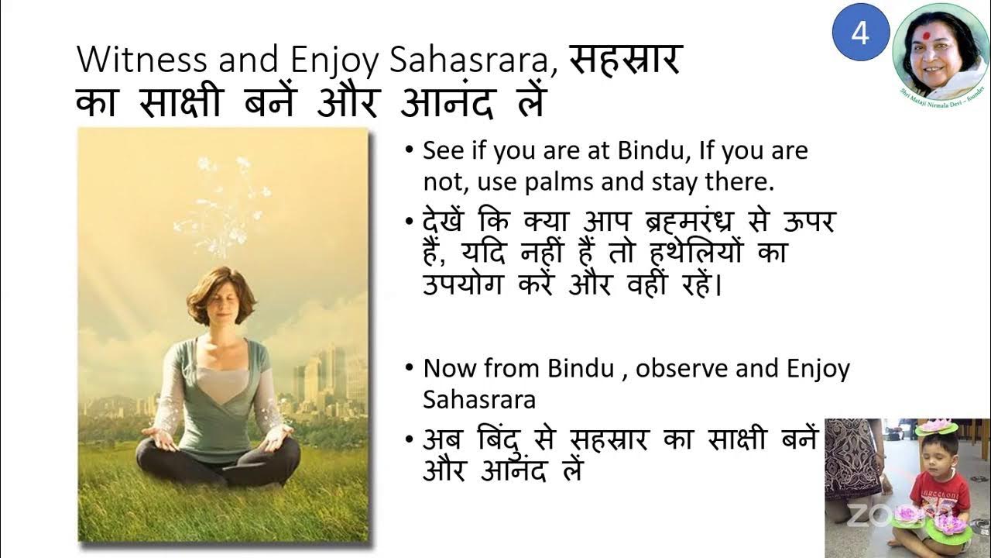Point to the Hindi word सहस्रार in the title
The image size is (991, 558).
tap(624, 60)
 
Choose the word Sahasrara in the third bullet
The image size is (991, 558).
tap(479, 399)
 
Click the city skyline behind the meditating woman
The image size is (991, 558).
tap(325, 380)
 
